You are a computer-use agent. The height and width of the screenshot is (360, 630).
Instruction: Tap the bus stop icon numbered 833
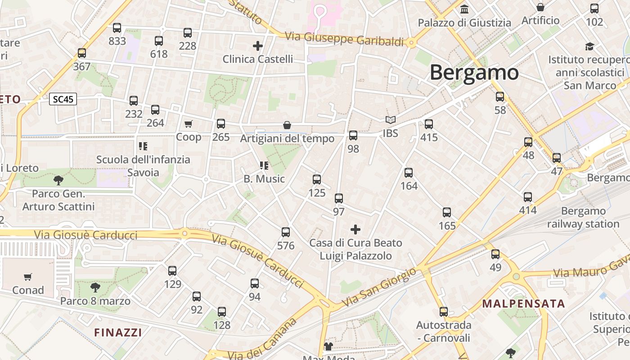pyautogui.click(x=117, y=28)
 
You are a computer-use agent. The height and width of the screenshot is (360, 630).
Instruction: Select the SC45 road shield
pyautogui.click(x=63, y=99)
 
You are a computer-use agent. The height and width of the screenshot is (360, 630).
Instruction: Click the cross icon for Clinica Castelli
pyautogui.click(x=258, y=45)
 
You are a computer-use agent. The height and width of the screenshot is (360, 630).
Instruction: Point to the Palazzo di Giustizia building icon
pyautogui.click(x=464, y=9)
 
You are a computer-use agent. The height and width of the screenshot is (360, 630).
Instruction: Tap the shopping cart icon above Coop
pyautogui.click(x=189, y=124)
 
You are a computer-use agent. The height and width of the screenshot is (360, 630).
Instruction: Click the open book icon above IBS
pyautogui.click(x=390, y=120)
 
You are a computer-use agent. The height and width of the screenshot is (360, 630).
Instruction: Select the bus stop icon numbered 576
pyautogui.click(x=286, y=232)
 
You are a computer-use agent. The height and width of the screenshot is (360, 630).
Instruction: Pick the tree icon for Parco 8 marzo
pyautogui.click(x=95, y=288)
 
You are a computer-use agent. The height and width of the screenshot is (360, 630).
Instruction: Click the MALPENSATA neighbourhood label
pyautogui.click(x=523, y=303)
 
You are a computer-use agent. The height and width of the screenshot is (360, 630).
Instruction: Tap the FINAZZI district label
pyautogui.click(x=118, y=333)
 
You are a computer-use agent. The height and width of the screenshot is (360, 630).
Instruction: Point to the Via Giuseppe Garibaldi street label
pyautogui.click(x=345, y=39)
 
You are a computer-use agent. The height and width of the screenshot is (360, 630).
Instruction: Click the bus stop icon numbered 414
pyautogui.click(x=528, y=197)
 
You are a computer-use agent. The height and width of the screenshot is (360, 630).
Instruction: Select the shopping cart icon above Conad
pyautogui.click(x=28, y=277)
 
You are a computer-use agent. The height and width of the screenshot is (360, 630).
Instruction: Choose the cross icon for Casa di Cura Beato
pyautogui.click(x=355, y=229)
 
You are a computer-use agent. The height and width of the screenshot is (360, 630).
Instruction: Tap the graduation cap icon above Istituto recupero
pyautogui.click(x=589, y=46)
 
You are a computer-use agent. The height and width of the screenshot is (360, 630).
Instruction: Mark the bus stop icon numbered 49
pyautogui.click(x=495, y=254)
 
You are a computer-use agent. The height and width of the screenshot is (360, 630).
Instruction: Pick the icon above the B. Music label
pyautogui.click(x=264, y=166)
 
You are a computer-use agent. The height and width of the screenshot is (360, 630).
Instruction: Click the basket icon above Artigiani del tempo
pyautogui.click(x=287, y=125)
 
